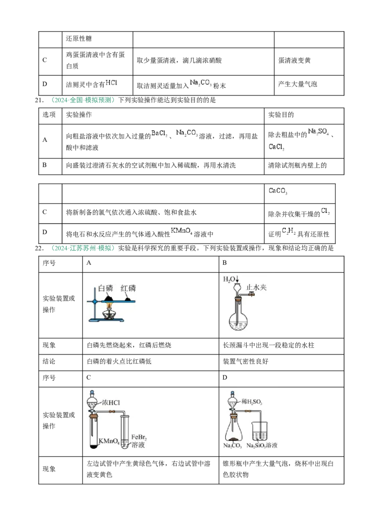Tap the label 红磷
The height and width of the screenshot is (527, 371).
point(128,288)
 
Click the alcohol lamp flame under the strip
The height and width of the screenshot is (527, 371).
point(110,305)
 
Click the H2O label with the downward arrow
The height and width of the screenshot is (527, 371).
point(230,279)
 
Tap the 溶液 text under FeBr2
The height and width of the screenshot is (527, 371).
point(139,445)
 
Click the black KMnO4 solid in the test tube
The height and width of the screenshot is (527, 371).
point(93,447)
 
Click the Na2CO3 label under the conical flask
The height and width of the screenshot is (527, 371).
point(232,446)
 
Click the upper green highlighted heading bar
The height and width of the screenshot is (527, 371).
point(83,100)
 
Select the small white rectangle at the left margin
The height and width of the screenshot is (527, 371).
point(35,175)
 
